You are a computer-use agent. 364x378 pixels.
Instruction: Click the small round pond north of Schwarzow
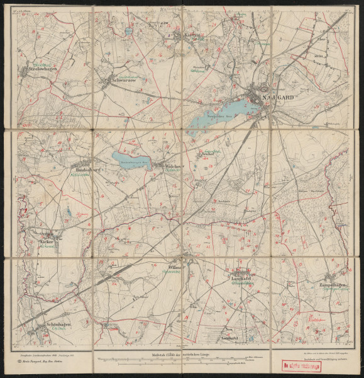point(128,30)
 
